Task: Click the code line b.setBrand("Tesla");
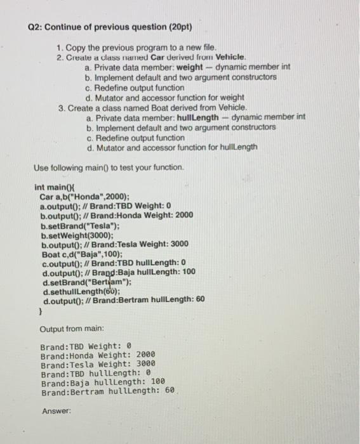click(80, 225)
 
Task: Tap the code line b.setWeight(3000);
click(81, 234)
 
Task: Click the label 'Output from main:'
click(72, 330)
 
